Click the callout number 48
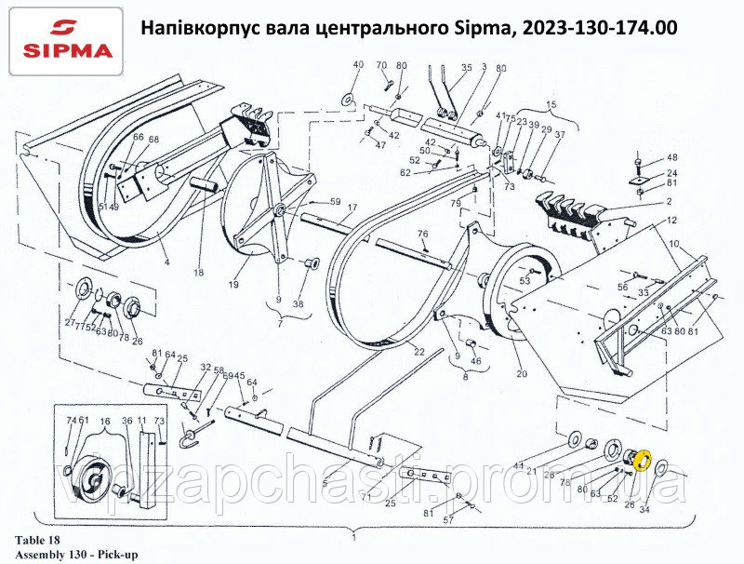tap(672, 157)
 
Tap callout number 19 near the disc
tap(235, 285)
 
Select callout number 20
tap(521, 374)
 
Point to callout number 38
tap(298, 303)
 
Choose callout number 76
tap(422, 234)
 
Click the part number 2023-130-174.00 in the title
tap(601, 29)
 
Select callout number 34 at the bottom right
tap(644, 509)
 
